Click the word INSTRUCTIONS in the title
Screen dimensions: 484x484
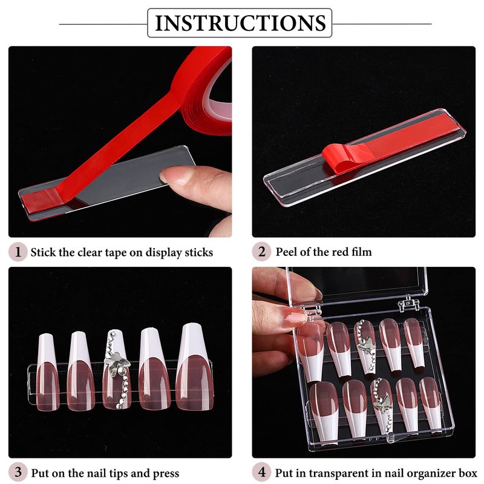click(x=240, y=23)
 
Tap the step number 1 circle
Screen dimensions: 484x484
click(x=18, y=252)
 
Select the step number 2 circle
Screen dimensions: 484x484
click(x=261, y=252)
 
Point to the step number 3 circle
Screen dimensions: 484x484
click(x=18, y=473)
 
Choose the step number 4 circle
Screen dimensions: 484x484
click(x=261, y=473)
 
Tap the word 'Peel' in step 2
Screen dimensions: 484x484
click(x=286, y=252)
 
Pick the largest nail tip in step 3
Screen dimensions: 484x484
click(x=194, y=367)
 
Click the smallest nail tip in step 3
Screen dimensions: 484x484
click(x=47, y=372)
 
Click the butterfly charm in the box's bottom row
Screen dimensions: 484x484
click(x=382, y=402)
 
